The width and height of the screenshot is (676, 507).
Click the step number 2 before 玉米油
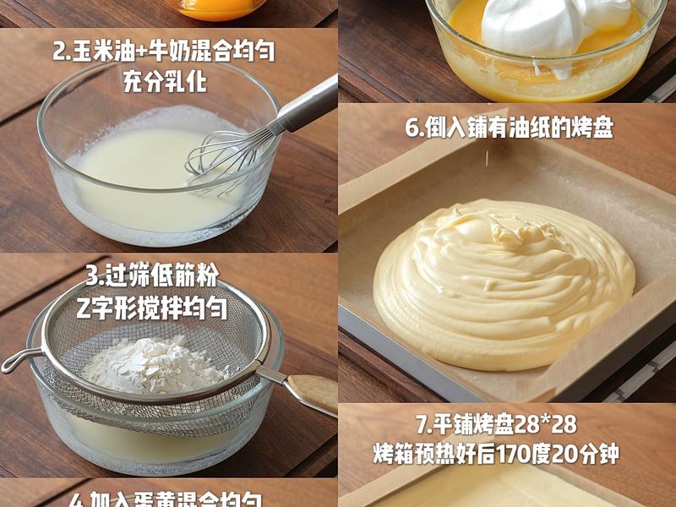(x=59, y=52)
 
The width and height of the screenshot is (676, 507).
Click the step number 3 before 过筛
(x=92, y=275)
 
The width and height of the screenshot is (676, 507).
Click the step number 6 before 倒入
(x=412, y=128)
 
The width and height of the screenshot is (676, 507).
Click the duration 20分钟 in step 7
(x=585, y=455)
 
